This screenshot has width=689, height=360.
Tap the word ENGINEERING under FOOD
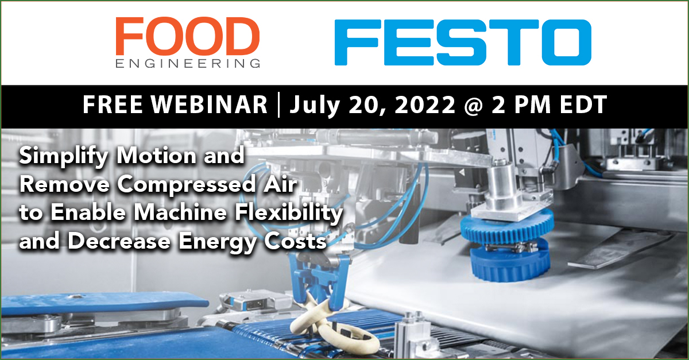[x=187, y=63]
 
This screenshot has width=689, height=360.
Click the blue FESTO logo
[x=462, y=42]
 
